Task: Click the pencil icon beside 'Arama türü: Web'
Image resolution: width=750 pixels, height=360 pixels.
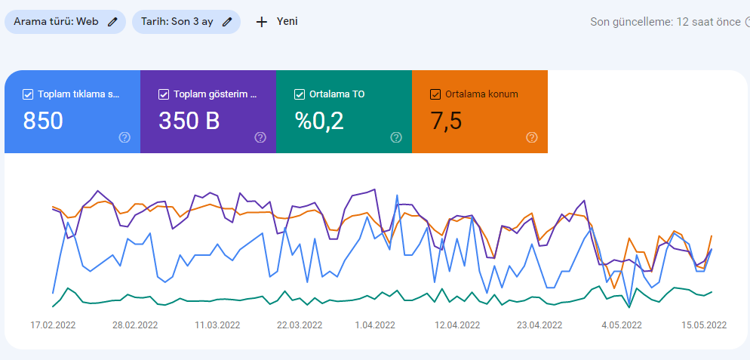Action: pyautogui.click(x=112, y=22)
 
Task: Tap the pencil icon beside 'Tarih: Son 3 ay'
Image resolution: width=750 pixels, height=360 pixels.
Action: pyautogui.click(x=227, y=22)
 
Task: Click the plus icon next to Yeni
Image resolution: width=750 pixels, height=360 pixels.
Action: pyautogui.click(x=261, y=22)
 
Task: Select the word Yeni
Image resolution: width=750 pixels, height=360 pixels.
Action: pyautogui.click(x=287, y=22)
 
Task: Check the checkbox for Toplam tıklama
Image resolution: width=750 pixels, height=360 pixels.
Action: pyautogui.click(x=28, y=94)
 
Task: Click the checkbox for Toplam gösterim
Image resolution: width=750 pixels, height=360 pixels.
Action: pyautogui.click(x=164, y=94)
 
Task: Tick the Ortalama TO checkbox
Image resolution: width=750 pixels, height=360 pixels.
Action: pyautogui.click(x=300, y=94)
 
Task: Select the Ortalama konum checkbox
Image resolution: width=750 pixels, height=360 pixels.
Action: pyautogui.click(x=435, y=94)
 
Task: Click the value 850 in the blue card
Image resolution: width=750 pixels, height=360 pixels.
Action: pyautogui.click(x=43, y=121)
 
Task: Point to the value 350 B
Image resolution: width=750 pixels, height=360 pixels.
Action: pyautogui.click(x=189, y=121)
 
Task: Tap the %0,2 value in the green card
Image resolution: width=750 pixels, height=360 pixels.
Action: pyautogui.click(x=319, y=121)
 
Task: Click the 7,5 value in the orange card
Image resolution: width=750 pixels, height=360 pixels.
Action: pyautogui.click(x=446, y=121)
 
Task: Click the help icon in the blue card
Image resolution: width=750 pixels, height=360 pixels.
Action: pyautogui.click(x=124, y=138)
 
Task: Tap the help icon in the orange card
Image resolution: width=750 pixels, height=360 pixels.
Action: pyautogui.click(x=532, y=138)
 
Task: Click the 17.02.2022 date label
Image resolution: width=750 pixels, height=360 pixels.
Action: pyautogui.click(x=53, y=325)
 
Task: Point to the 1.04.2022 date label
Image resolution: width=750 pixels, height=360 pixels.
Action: pyautogui.click(x=375, y=325)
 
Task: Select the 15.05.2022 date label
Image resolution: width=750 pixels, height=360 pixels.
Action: pyautogui.click(x=704, y=325)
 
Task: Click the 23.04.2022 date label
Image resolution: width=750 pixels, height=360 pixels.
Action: pyautogui.click(x=539, y=325)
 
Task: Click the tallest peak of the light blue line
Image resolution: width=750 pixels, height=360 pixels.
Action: pyautogui.click(x=397, y=195)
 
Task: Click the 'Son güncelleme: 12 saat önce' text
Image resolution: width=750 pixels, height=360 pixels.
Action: pyautogui.click(x=665, y=22)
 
